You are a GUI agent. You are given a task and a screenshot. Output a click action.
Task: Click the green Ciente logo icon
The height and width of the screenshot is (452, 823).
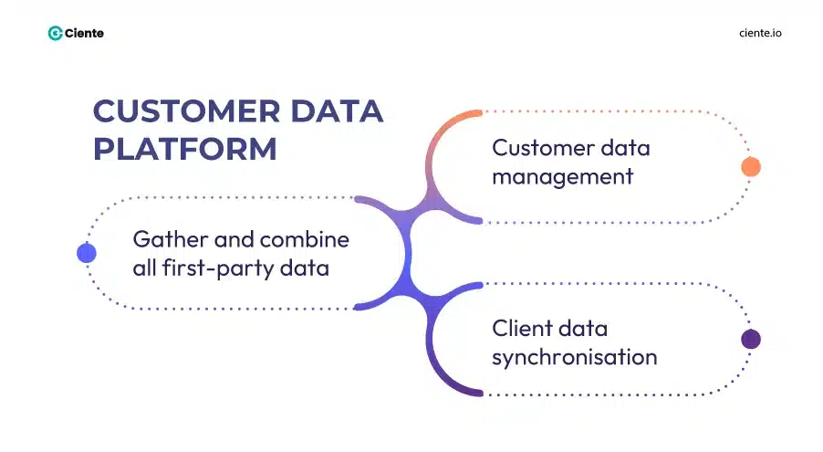click(56, 33)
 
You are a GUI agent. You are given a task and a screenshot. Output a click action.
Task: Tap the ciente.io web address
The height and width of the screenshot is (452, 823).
click(759, 33)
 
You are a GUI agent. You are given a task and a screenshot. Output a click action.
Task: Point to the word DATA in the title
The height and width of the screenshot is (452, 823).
click(339, 111)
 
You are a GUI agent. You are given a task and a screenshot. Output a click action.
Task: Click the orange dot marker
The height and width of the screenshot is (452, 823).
click(750, 166)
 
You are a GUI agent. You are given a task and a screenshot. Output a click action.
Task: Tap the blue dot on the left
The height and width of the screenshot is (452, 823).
click(87, 253)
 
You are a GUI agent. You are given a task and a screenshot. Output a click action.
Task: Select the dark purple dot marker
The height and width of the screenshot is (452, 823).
click(750, 340)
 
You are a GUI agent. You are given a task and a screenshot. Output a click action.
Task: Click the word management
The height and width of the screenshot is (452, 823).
click(562, 176)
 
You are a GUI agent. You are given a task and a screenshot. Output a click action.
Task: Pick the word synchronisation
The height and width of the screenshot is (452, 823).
click(574, 356)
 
